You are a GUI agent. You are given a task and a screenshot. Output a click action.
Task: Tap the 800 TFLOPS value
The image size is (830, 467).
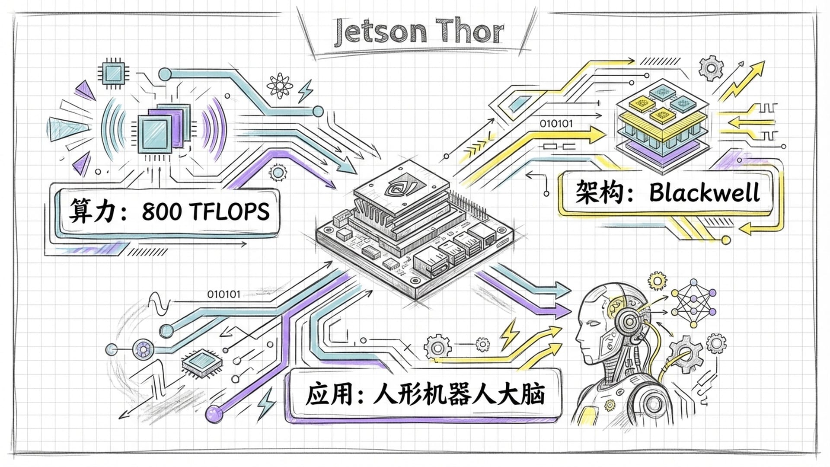coord(206,212)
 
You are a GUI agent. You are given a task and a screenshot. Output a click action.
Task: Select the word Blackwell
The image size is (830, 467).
coord(704,193)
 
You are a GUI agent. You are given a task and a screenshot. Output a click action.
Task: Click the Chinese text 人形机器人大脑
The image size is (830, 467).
coord(458,394)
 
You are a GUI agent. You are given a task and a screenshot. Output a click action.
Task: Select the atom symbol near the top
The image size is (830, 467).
coord(280,85)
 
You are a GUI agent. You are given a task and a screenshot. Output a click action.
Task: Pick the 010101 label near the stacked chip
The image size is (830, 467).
coord(556,124)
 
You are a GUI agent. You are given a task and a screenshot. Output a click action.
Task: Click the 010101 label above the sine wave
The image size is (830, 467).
coord(223,294)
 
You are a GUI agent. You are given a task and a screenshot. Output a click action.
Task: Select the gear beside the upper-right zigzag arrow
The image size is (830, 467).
coord(710,68)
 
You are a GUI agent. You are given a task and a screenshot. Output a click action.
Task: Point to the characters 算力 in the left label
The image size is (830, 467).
coord(91,211)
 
